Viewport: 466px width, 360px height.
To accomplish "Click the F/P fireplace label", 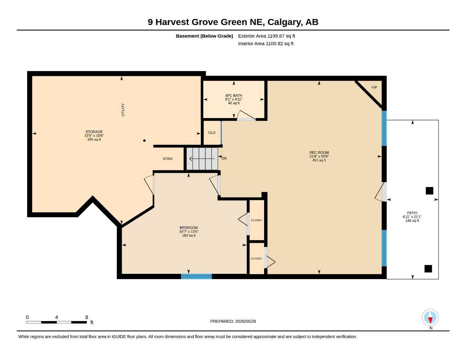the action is (374, 88).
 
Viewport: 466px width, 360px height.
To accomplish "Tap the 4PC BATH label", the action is (234, 96).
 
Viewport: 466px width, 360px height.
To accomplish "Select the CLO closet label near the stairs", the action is (212, 133).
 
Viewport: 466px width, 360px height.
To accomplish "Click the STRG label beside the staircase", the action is (167, 159).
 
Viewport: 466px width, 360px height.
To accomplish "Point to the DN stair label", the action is (224, 158).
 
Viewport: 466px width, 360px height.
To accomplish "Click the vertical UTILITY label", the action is (123, 110).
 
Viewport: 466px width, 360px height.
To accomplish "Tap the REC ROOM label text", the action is (319, 153).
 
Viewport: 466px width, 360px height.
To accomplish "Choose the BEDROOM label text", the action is (189, 228).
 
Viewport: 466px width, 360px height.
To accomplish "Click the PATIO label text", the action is (412, 213).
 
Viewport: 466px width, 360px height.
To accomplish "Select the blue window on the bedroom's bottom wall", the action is (197, 276).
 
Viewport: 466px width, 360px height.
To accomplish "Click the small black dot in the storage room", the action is (144, 141).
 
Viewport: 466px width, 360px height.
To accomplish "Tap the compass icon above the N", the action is (430, 317).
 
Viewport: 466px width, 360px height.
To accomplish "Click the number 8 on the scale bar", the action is (87, 317).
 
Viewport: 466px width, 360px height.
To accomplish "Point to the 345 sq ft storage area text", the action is (94, 140).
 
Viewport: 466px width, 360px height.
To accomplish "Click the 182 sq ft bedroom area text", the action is (189, 236).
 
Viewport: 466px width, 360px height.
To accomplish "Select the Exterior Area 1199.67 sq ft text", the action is (267, 36).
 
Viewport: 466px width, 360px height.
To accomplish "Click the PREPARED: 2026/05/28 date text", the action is (233, 321).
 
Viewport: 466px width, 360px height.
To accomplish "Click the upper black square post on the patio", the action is (429, 191).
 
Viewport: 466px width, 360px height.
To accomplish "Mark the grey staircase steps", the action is (202, 159).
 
